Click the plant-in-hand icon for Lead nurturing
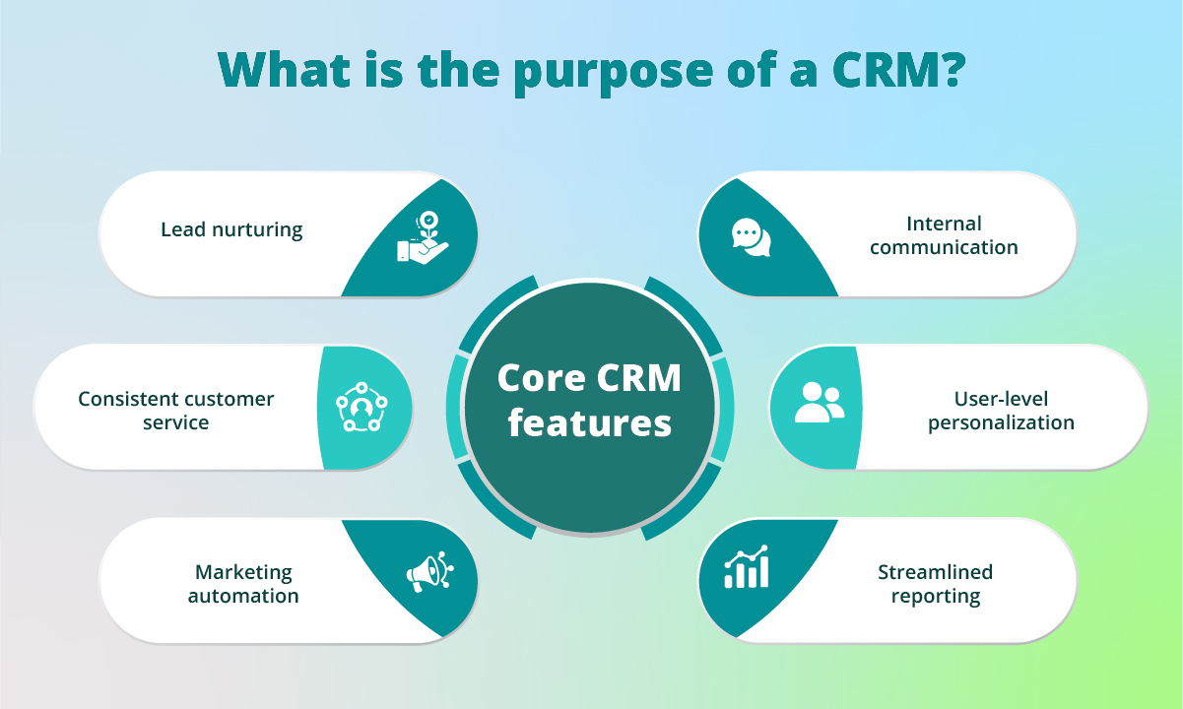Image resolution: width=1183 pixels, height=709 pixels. click(423, 237)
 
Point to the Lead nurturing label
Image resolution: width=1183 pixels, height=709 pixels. click(231, 230)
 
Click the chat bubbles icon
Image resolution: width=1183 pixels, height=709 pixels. click(751, 236)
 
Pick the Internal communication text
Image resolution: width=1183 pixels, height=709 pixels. click(944, 235)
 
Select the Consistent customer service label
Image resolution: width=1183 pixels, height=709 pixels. click(176, 411)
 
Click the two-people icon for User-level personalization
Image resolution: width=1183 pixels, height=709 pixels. click(819, 403)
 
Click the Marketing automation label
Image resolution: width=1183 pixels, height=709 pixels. click(243, 584)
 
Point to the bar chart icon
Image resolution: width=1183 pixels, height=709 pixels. click(746, 568)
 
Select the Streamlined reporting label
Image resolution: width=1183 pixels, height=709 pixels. click(936, 584)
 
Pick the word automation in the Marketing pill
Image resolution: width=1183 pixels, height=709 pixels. click(243, 596)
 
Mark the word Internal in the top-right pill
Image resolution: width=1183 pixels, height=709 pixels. click(945, 224)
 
